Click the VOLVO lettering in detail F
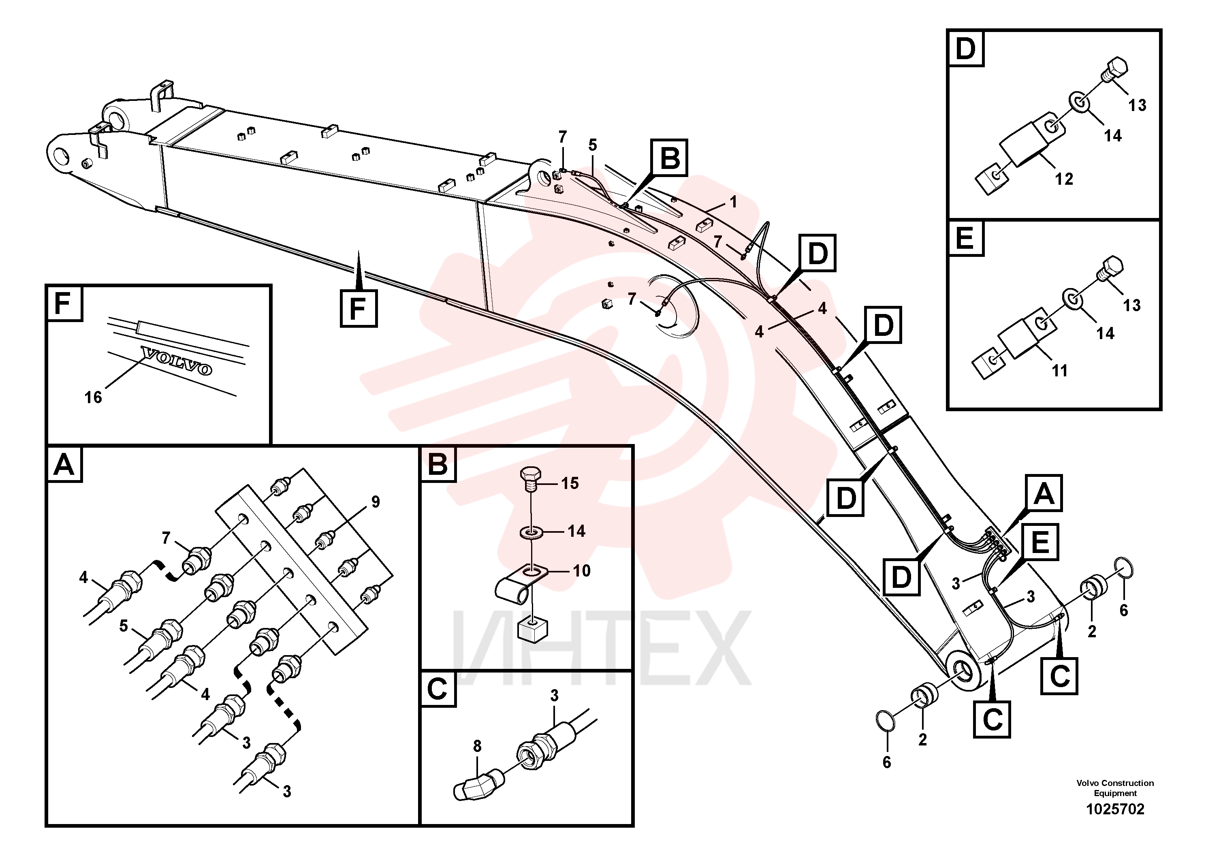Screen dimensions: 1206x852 [x=177, y=361]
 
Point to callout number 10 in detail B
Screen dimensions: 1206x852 [x=581, y=570]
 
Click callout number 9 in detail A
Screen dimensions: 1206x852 [x=376, y=502]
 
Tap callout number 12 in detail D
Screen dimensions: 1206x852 [x=1064, y=179]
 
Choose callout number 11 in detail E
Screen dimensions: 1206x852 [x=1059, y=371]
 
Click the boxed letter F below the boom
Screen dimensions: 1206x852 [x=358, y=308]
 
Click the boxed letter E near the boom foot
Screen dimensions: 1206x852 [x=1040, y=542]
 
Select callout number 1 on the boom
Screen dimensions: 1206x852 [x=734, y=202]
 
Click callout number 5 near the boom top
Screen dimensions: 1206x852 [x=593, y=145]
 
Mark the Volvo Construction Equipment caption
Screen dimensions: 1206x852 [x=1115, y=788]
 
